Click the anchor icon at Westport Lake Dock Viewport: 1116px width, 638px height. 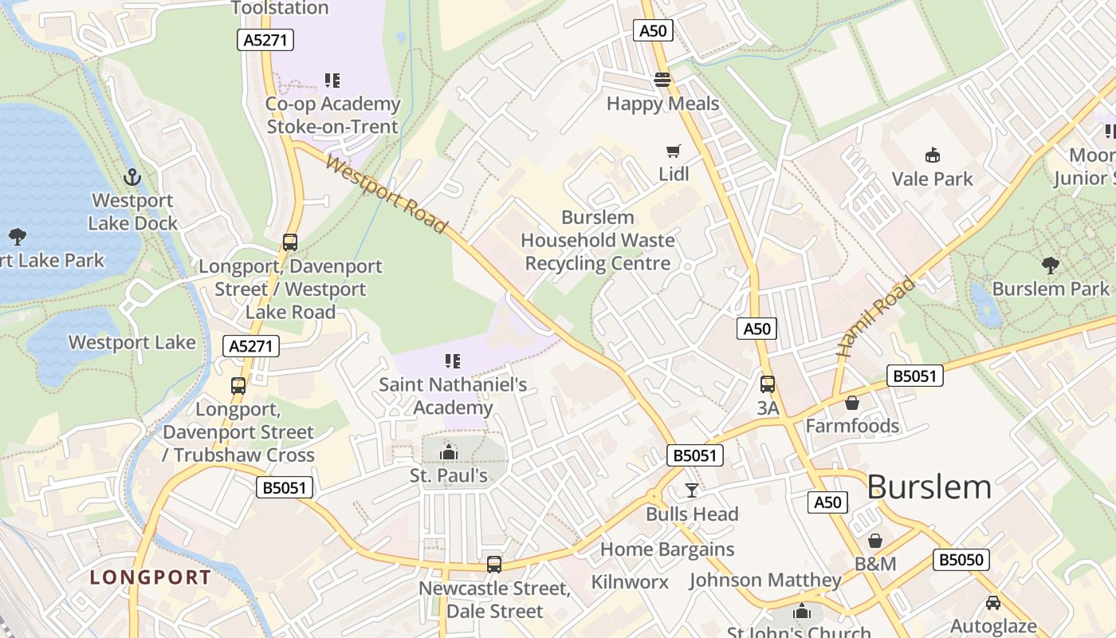(132, 176)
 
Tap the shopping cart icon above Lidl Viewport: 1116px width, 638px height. (674, 151)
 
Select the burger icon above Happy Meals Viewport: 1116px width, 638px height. (662, 80)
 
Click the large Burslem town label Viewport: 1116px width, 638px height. (929, 486)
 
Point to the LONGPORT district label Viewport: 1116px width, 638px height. (151, 577)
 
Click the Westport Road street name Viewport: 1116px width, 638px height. (386, 195)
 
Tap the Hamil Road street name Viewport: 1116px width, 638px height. (875, 317)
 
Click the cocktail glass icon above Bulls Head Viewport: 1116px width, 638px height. (692, 490)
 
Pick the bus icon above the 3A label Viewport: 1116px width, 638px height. (768, 384)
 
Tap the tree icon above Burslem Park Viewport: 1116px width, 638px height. (1050, 265)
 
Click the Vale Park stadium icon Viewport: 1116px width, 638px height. (932, 155)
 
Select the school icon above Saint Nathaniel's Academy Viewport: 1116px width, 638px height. (453, 361)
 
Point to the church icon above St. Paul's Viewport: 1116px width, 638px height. (449, 453)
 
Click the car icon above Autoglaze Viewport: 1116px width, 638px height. (992, 603)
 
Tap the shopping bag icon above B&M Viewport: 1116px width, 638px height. (875, 541)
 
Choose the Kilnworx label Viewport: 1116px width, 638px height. (630, 582)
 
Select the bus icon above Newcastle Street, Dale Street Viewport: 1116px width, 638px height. (494, 565)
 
